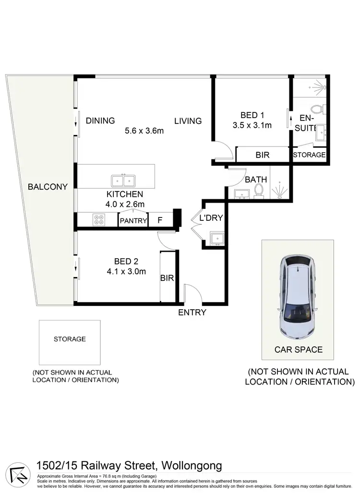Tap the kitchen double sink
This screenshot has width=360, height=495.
(123, 181)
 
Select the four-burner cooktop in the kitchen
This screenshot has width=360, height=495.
(99, 219)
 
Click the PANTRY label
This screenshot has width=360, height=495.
(133, 221)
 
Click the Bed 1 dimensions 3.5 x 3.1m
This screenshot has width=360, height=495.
(252, 126)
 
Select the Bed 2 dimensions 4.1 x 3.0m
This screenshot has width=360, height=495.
(126, 271)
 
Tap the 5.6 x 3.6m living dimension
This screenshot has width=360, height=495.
(144, 131)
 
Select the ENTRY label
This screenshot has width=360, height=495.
(192, 313)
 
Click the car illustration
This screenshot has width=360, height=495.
(297, 295)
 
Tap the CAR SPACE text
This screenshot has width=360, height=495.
(299, 350)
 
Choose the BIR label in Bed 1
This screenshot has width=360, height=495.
(262, 155)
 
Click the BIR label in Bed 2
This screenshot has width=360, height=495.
(167, 278)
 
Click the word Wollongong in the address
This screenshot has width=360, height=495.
(192, 465)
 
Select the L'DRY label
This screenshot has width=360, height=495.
(211, 218)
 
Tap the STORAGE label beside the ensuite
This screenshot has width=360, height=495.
(309, 155)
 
